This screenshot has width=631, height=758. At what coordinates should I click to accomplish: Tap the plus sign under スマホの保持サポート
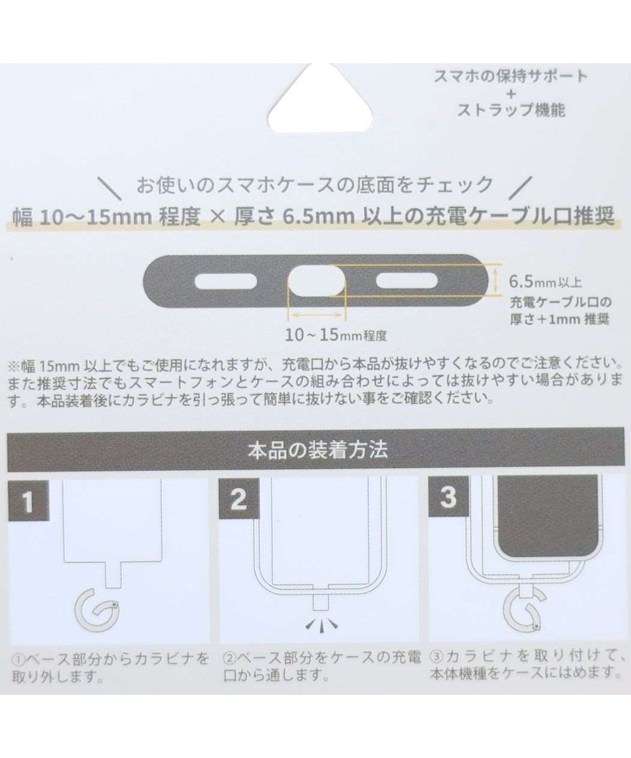pyautogui.click(x=511, y=94)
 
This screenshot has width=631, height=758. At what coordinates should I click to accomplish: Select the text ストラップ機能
pyautogui.click(x=511, y=111)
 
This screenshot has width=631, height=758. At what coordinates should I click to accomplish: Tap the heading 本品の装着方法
pyautogui.click(x=317, y=450)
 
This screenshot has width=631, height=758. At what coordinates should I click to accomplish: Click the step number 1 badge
pyautogui.click(x=28, y=501)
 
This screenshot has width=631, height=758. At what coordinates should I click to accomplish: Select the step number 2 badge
pyautogui.click(x=238, y=499)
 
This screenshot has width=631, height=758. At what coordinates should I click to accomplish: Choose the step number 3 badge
pyautogui.click(x=448, y=498)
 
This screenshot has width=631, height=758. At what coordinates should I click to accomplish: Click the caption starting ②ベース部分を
pyautogui.click(x=322, y=666)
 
